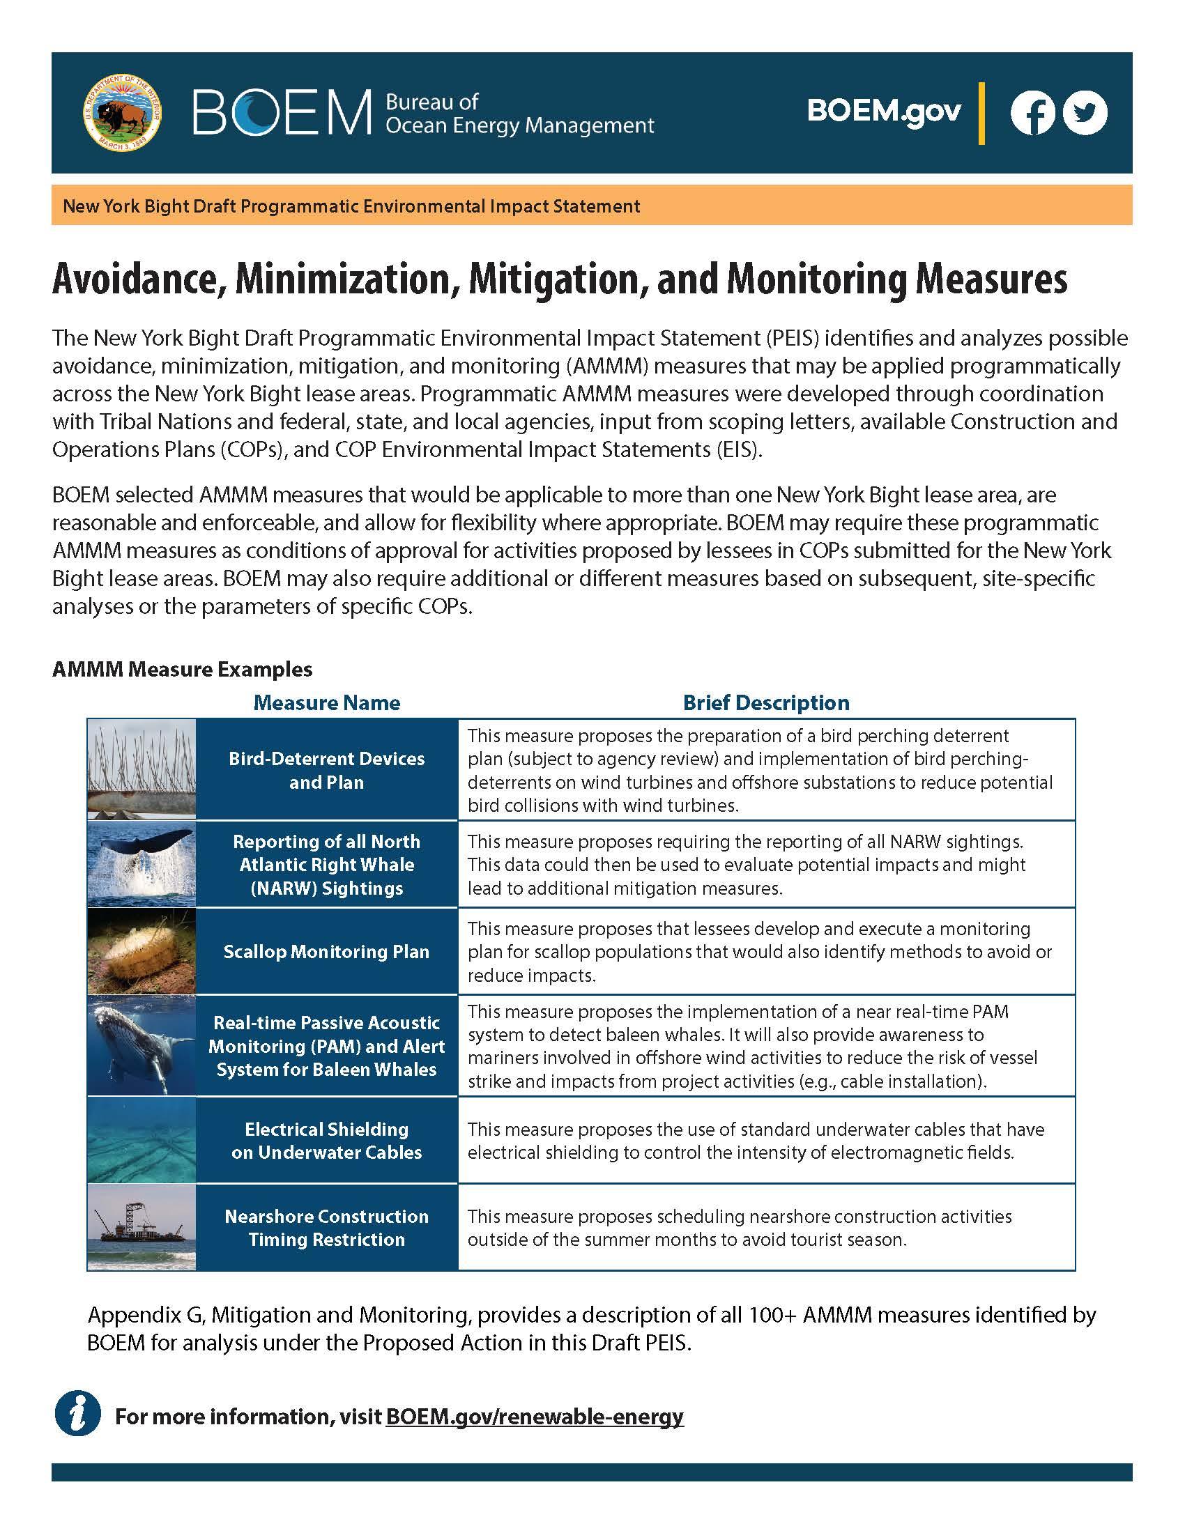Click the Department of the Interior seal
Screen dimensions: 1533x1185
(122, 113)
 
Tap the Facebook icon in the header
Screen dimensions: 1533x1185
(1032, 113)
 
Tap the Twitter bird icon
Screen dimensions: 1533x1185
(1085, 113)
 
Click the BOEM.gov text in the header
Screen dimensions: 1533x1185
(884, 111)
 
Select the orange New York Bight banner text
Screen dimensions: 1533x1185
(351, 206)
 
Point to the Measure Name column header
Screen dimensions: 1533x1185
(326, 702)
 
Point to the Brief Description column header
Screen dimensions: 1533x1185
(766, 702)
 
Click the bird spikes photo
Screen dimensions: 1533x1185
(142, 769)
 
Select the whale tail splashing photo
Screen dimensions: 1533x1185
(142, 864)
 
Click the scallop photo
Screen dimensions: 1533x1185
(142, 951)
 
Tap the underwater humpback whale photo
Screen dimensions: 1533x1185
(142, 1045)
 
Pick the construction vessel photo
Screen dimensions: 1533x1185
(142, 1228)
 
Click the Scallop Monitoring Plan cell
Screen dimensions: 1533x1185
(326, 952)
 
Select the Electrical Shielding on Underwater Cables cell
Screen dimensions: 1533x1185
(326, 1141)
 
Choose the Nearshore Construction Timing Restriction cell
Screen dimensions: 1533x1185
(326, 1228)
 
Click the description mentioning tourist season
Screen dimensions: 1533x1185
(739, 1228)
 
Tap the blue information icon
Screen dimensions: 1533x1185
(78, 1417)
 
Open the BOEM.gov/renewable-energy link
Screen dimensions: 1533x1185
(534, 1417)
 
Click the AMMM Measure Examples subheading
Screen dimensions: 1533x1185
(183, 669)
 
